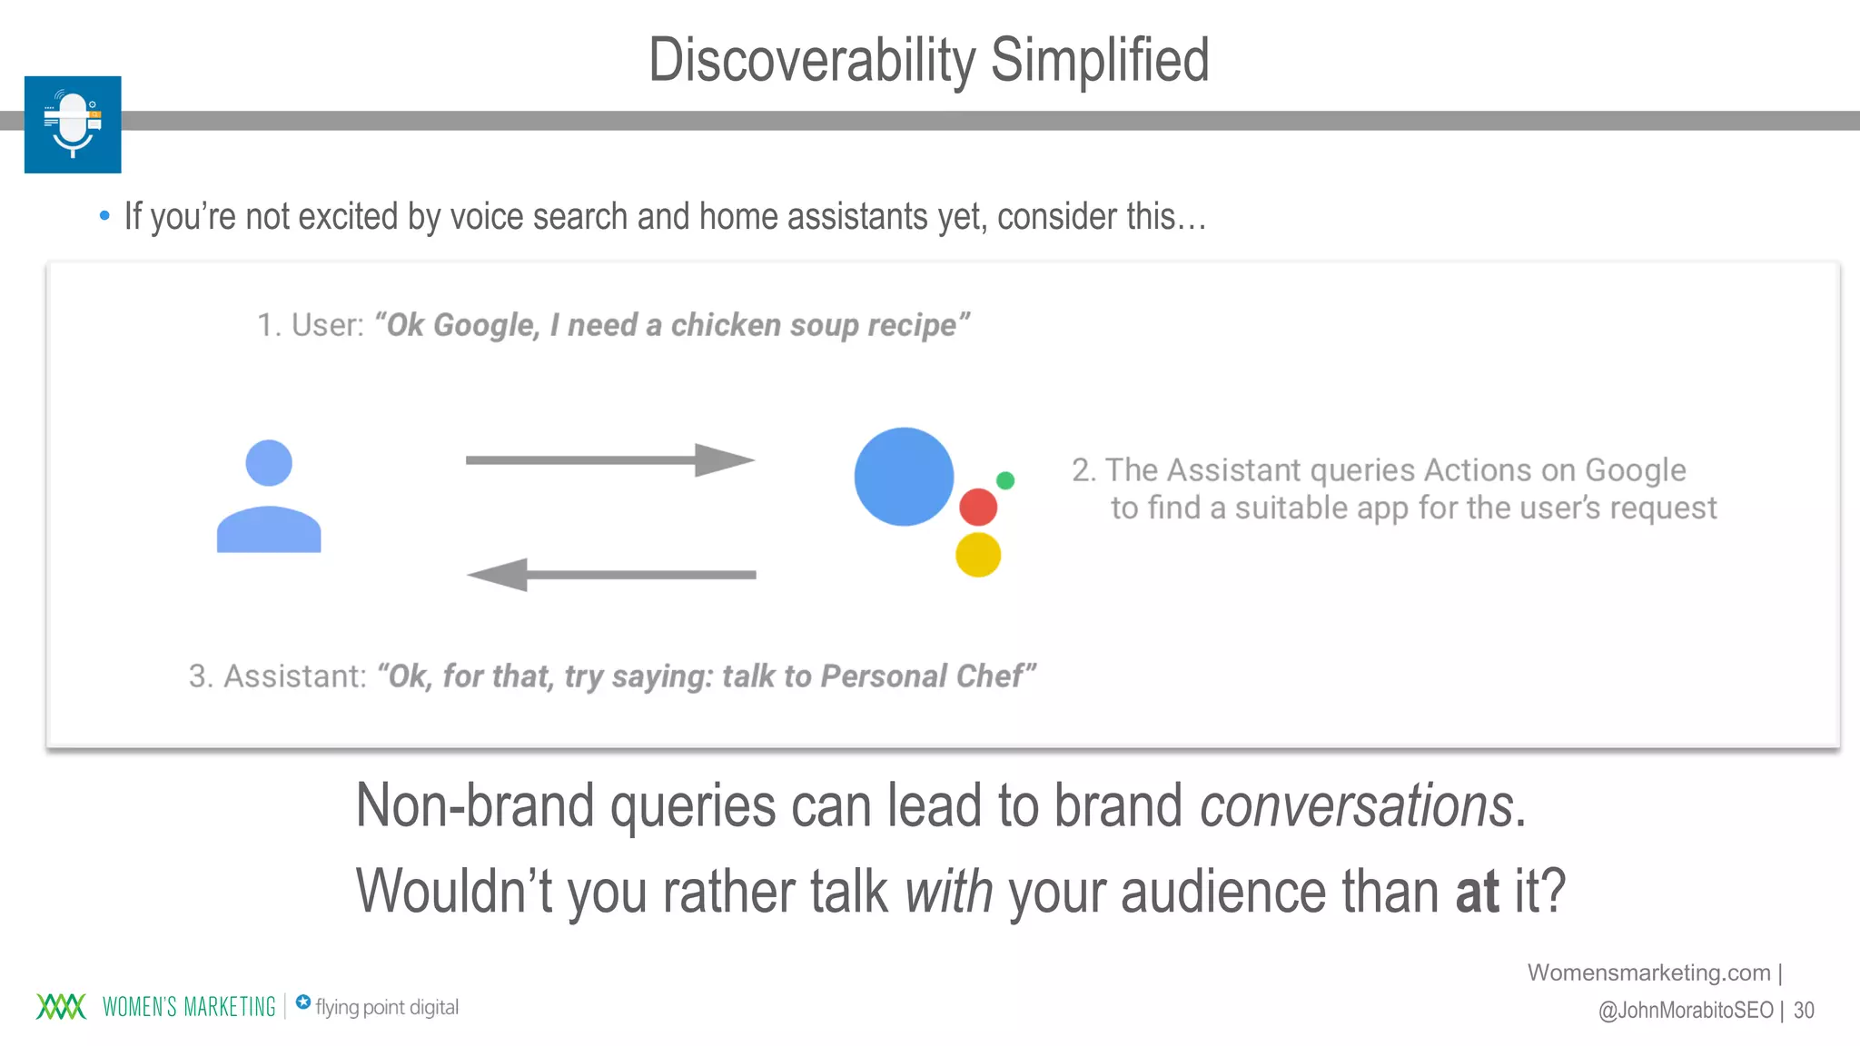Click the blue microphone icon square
point(73,124)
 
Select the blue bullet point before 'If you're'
point(104,216)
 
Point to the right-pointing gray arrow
point(609,459)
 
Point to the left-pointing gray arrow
point(610,574)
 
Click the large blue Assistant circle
point(904,477)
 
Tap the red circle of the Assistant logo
point(978,507)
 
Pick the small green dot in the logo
point(1005,480)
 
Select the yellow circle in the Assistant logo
point(978,555)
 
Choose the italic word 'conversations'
point(1356,805)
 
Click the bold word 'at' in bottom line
point(1477,892)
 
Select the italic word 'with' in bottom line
point(949,892)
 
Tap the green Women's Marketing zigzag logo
point(61,1006)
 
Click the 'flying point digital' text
point(387,1007)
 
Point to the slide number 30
point(1804,1011)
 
